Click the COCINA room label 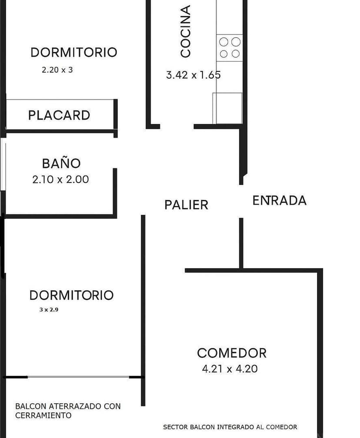(x=186, y=31)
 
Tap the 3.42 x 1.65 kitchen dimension (x=193, y=75)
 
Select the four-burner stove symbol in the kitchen (x=230, y=48)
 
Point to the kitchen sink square (x=227, y=108)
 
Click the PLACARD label (x=59, y=115)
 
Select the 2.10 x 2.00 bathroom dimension (x=60, y=179)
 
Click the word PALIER (x=186, y=205)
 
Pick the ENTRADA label (x=280, y=200)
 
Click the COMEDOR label (x=231, y=353)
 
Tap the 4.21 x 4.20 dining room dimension (x=230, y=369)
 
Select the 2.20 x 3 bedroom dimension (x=57, y=70)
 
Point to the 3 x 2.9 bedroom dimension (x=49, y=310)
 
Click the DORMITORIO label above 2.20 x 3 (x=73, y=53)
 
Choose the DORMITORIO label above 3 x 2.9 (x=71, y=295)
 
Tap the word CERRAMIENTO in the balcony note (x=43, y=416)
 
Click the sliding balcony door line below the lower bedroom (x=78, y=377)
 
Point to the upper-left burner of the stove (x=223, y=42)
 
